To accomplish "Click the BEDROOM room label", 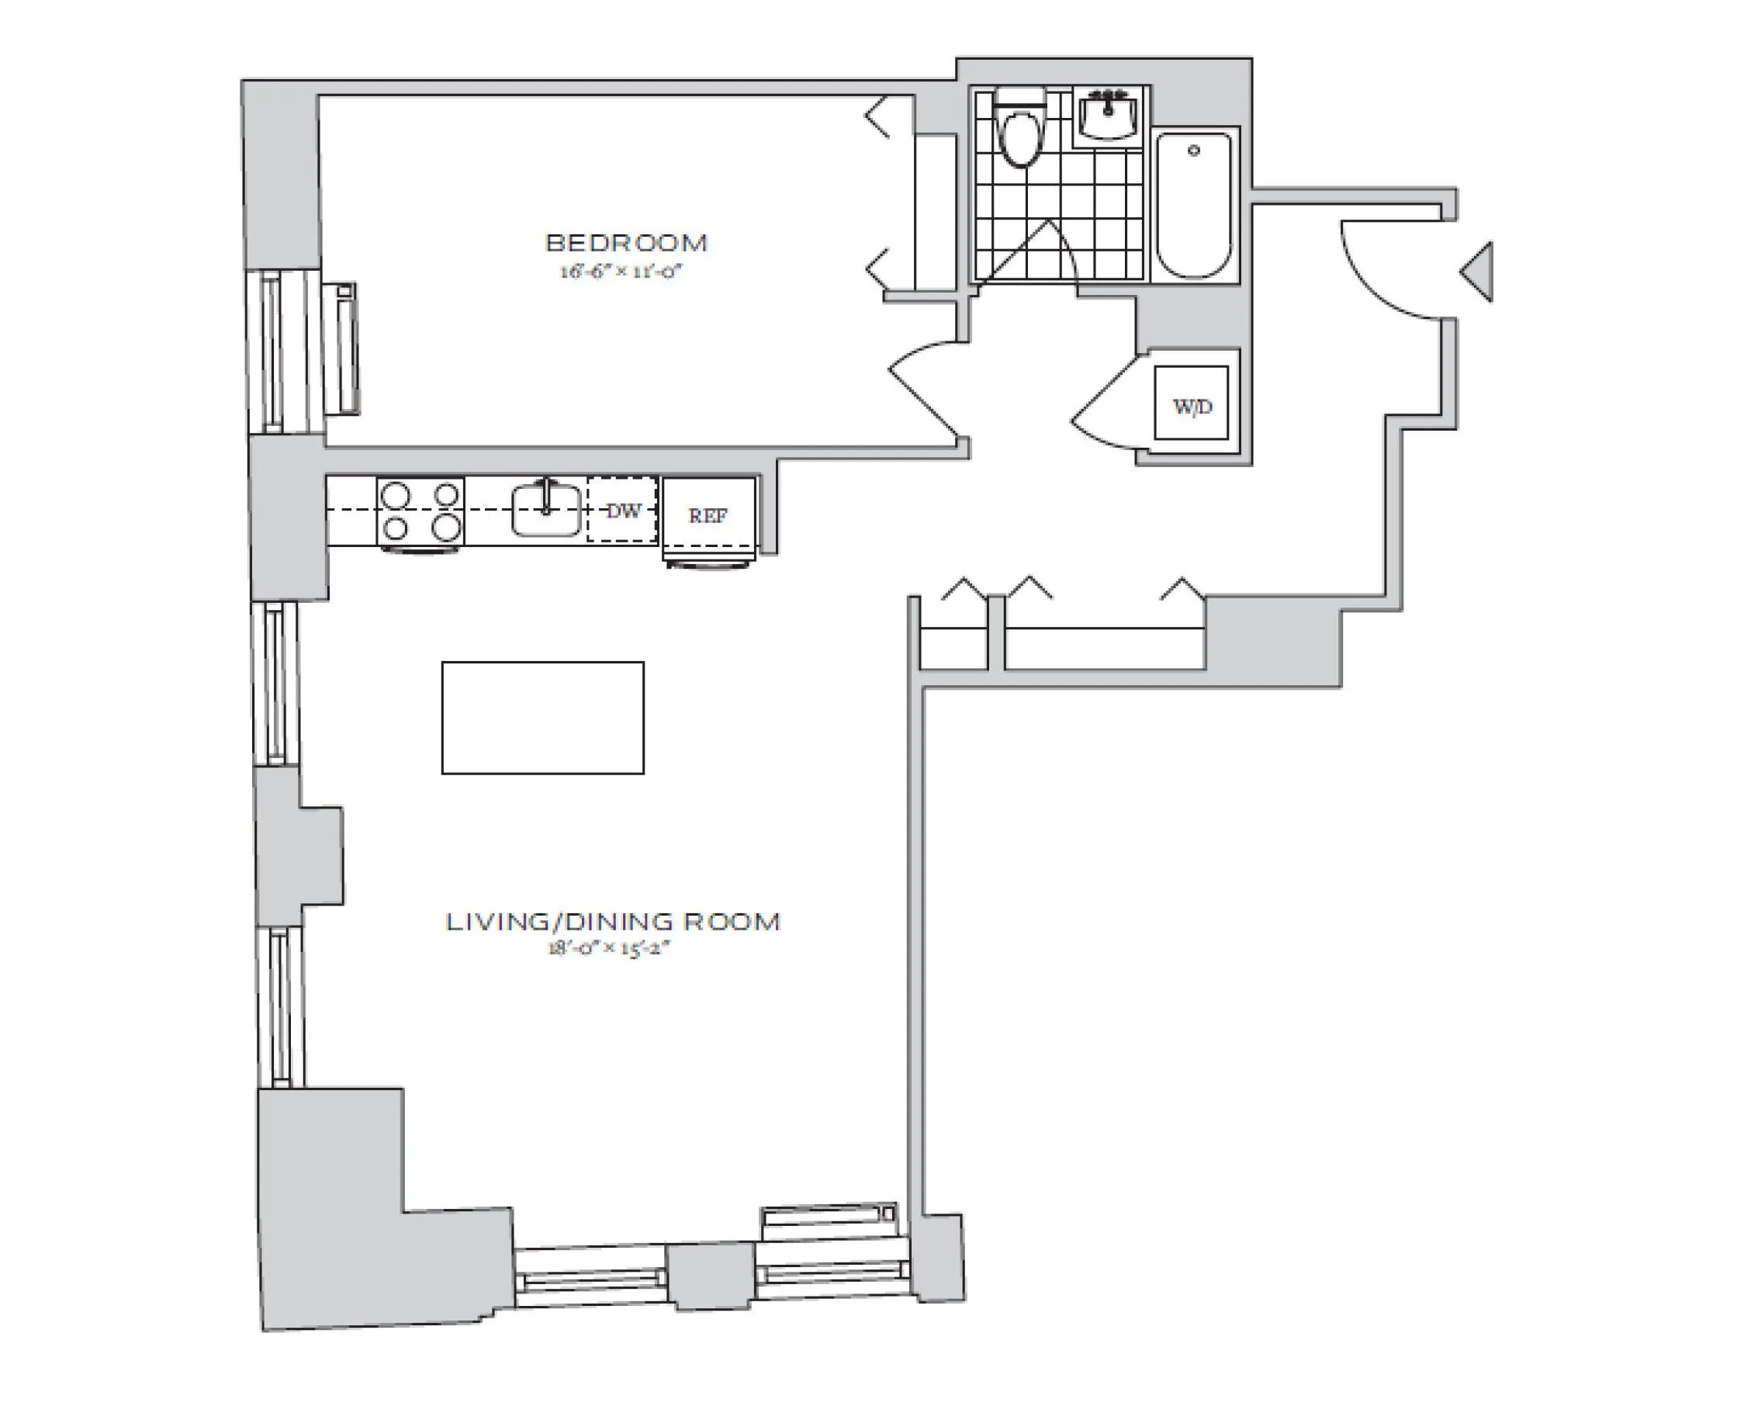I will (627, 243).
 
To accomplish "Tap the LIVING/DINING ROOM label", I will (612, 922).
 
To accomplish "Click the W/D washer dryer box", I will (1191, 403).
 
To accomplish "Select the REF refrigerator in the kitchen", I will (708, 514).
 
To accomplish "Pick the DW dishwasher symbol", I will (622, 511).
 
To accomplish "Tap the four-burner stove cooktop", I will (420, 511).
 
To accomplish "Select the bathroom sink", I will (1109, 116).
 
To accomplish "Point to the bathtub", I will (1194, 206).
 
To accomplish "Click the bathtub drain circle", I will (1193, 151).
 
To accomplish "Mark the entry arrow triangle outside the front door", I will (1479, 272).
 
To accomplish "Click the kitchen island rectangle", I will (542, 718).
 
